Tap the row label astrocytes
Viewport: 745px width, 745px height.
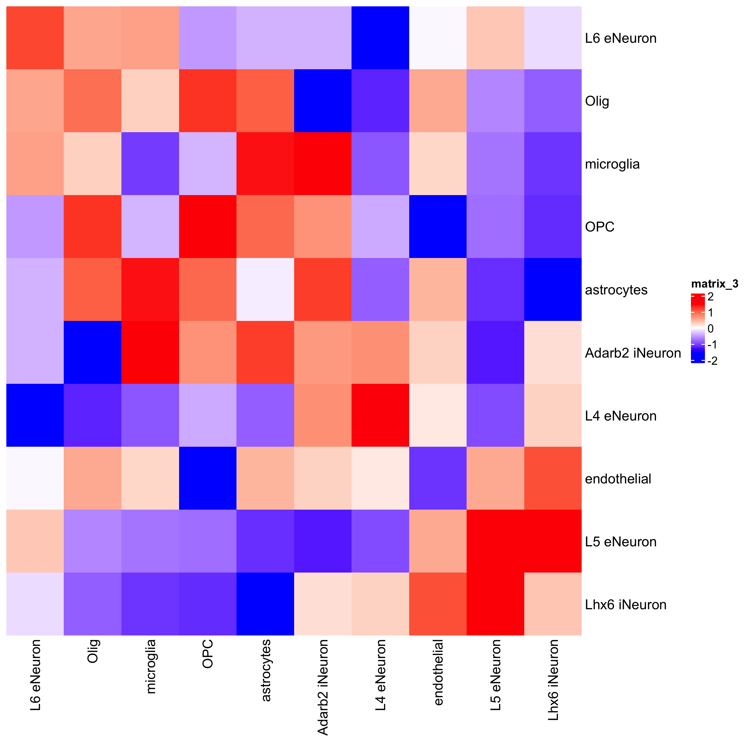click(616, 290)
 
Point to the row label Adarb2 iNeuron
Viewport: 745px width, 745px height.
click(633, 353)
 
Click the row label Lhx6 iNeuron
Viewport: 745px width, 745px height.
click(626, 604)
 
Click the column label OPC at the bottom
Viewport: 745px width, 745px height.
click(207, 654)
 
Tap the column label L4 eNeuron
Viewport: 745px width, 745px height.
click(380, 675)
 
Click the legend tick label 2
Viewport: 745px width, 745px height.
click(710, 297)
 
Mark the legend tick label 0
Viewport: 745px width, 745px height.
click(710, 329)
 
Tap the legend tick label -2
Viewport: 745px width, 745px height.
click(712, 361)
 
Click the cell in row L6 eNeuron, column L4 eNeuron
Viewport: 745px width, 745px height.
click(380, 38)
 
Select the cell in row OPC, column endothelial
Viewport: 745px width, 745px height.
click(438, 226)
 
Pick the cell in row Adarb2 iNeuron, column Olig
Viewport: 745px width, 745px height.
click(92, 352)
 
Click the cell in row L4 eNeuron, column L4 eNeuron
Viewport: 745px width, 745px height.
click(380, 415)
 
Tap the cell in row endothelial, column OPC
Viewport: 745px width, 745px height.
click(207, 478)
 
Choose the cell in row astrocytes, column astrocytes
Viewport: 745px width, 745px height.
click(265, 289)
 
